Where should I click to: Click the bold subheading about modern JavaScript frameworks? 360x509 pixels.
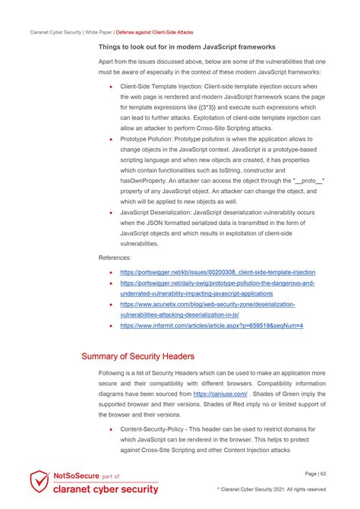(x=187, y=47)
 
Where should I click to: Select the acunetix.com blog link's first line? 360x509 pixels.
(x=207, y=304)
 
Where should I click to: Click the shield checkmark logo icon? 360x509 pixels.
(x=39, y=483)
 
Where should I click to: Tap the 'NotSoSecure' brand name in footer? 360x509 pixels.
(x=74, y=476)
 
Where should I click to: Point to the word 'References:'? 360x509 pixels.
(x=116, y=258)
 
